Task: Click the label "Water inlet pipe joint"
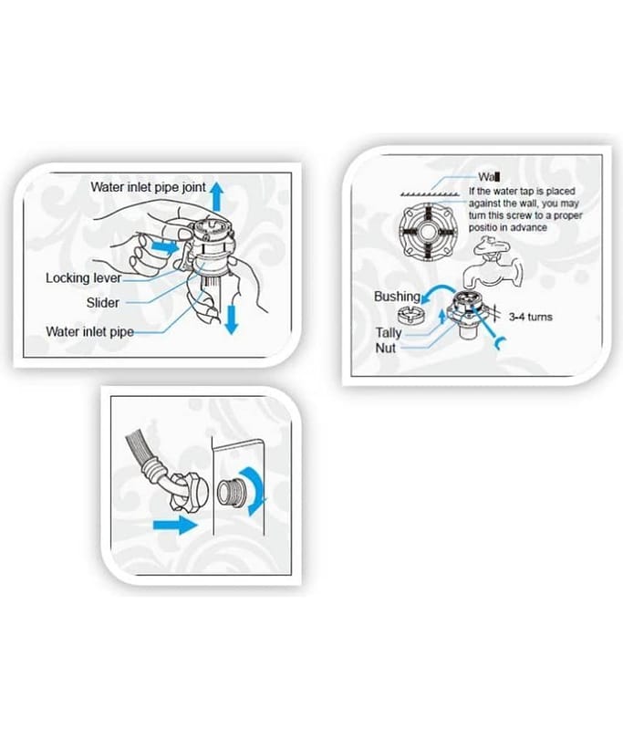click(148, 187)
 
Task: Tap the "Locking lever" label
click(83, 278)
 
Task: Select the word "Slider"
click(103, 303)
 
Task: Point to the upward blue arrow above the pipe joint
click(216, 196)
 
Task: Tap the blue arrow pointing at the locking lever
click(165, 245)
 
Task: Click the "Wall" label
click(489, 177)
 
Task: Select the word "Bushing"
click(397, 296)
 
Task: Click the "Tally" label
click(388, 332)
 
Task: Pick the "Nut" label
click(385, 348)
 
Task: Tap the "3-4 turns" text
click(530, 317)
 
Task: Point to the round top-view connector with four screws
click(426, 230)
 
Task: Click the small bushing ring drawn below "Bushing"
click(410, 315)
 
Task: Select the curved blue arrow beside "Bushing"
click(436, 294)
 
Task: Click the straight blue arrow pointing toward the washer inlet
click(175, 526)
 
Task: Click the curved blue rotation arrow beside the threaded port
click(255, 490)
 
